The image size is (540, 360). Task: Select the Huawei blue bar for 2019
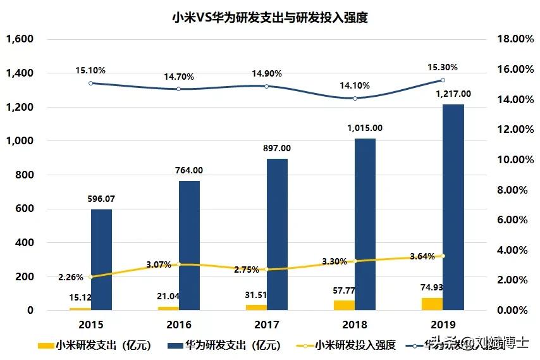pos(453,209)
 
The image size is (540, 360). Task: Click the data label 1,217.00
pos(454,94)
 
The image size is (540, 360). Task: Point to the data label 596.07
pos(102,199)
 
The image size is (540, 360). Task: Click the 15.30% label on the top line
pos(443,67)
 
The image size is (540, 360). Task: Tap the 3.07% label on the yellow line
pos(158,264)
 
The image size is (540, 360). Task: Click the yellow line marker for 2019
pos(443,256)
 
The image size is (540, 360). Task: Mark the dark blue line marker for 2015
pos(90,83)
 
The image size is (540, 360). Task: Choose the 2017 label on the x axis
pos(266,325)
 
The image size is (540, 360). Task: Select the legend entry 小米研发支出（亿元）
pos(95,345)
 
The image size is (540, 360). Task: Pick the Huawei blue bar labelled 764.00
pos(189,247)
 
